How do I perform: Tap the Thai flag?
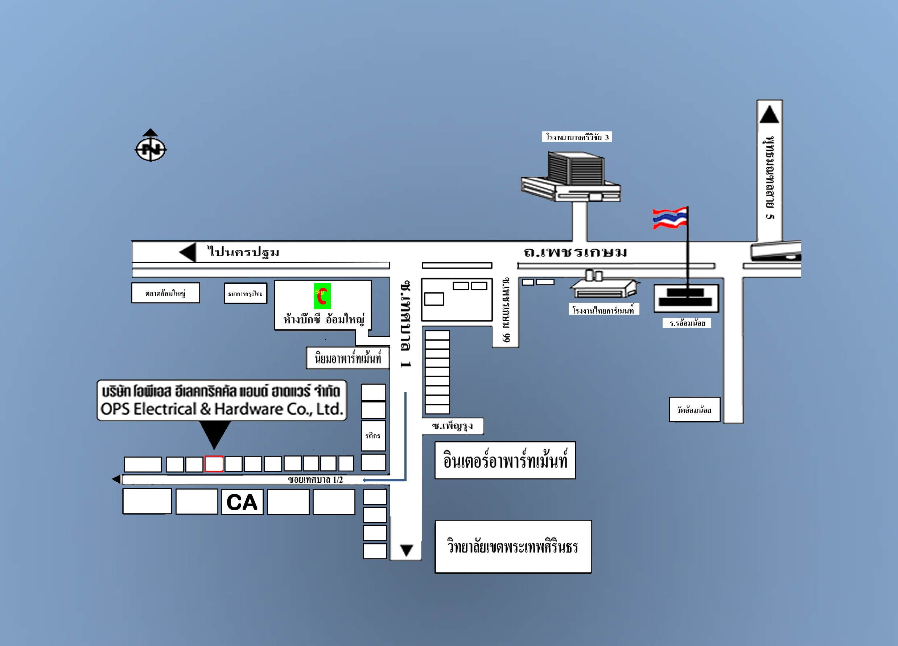click(x=670, y=218)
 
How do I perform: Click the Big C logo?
click(x=322, y=296)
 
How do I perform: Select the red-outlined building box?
click(x=214, y=464)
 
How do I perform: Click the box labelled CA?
click(x=242, y=502)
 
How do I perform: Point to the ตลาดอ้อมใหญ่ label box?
click(x=165, y=293)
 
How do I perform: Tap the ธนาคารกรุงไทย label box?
click(x=246, y=293)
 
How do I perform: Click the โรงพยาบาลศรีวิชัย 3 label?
click(x=577, y=137)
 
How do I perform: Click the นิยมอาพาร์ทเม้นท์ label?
click(x=348, y=358)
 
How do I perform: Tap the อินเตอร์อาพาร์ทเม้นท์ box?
click(x=505, y=461)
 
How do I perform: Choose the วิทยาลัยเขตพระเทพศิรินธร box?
click(x=513, y=547)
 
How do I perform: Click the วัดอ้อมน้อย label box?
click(x=694, y=410)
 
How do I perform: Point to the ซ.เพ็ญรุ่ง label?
click(x=452, y=426)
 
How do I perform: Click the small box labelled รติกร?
click(x=373, y=436)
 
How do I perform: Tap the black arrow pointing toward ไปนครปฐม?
click(x=188, y=252)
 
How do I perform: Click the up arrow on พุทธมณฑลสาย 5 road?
click(x=769, y=114)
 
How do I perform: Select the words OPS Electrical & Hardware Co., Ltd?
click(x=222, y=409)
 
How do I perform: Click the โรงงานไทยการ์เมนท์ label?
click(x=603, y=310)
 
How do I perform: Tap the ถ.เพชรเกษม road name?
click(x=575, y=252)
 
